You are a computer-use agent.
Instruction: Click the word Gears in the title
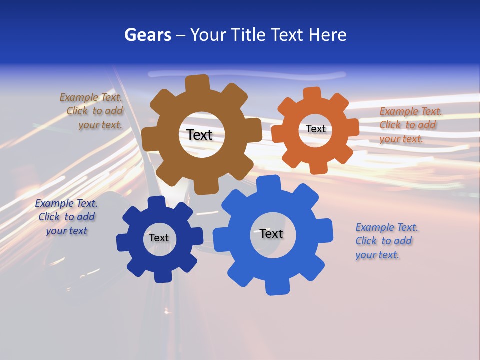(x=147, y=35)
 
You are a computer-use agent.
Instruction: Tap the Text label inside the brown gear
(x=199, y=135)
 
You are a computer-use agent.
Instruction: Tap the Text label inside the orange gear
(x=315, y=129)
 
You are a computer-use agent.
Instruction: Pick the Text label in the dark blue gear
(x=159, y=238)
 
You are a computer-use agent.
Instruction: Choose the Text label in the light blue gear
(x=271, y=233)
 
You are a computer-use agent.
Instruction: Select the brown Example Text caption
(x=91, y=111)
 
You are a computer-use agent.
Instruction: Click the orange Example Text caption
(x=410, y=125)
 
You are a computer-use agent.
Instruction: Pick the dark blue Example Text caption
(x=66, y=217)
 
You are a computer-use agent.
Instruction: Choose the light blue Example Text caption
(x=386, y=241)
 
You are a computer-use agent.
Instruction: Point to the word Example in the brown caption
(x=79, y=97)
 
